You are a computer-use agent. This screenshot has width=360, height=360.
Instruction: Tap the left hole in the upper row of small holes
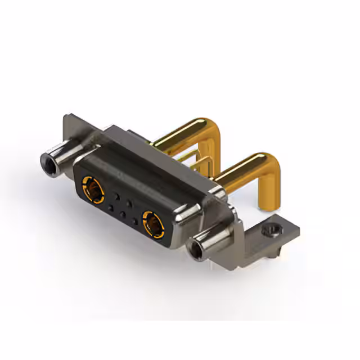point(116,197)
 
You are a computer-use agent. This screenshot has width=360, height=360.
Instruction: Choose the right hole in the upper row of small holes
point(129,204)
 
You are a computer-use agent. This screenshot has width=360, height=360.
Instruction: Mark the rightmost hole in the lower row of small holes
point(134,222)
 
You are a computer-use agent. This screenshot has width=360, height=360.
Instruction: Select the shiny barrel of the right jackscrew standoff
point(211,240)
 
